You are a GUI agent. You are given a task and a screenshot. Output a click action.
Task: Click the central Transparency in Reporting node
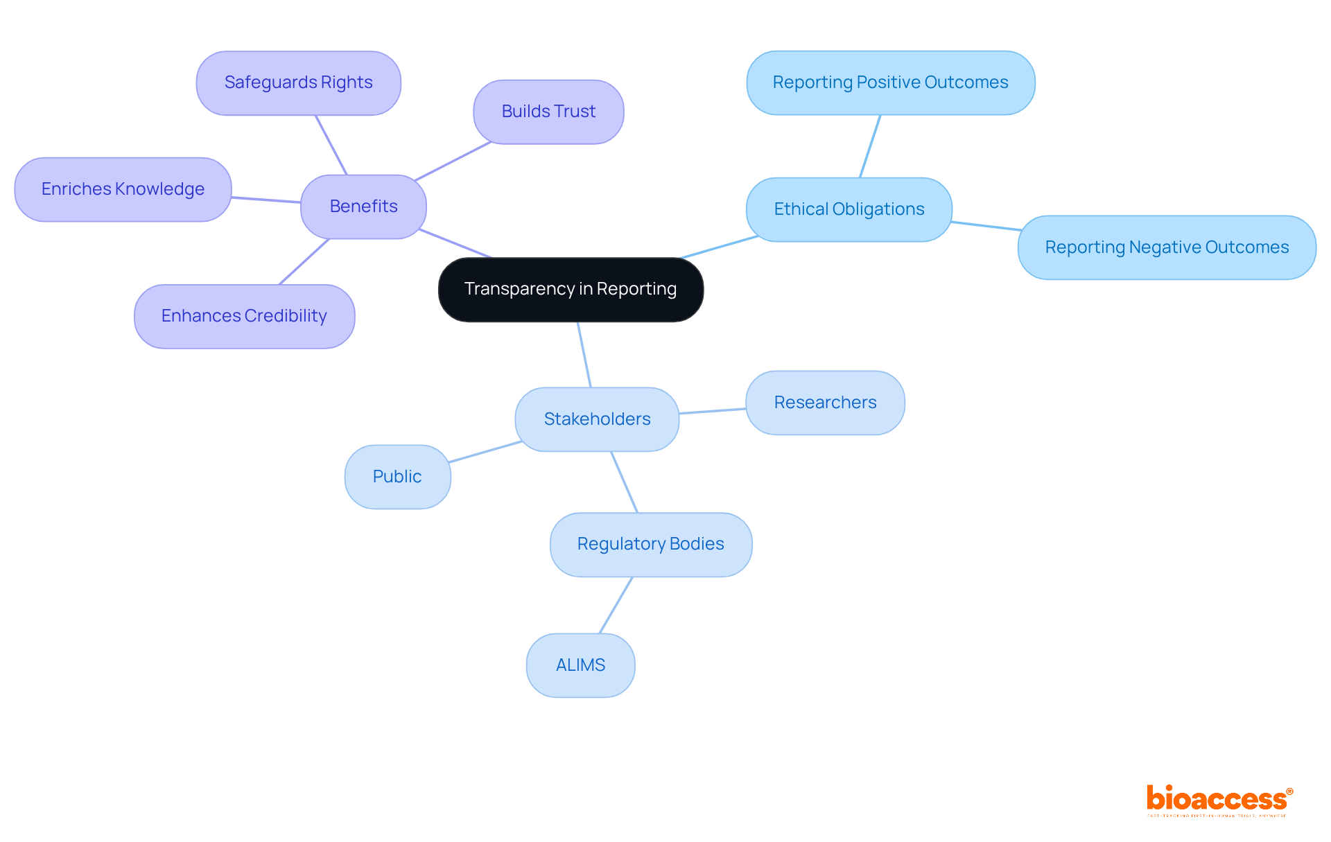pos(571,289)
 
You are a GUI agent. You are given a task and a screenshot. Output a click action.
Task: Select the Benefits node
pos(363,207)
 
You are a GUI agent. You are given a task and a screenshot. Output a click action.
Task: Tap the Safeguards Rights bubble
pos(298,82)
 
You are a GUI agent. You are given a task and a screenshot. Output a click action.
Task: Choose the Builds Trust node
pos(548,112)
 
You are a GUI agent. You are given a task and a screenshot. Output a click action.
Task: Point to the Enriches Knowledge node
pos(123,189)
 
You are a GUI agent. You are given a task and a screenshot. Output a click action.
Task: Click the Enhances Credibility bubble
pos(244,316)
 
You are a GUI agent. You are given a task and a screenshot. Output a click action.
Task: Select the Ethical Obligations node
pos(849,209)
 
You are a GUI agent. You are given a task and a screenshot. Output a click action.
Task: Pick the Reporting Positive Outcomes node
pos(890,82)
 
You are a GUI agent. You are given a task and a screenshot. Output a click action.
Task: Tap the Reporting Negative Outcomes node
pos(1167,247)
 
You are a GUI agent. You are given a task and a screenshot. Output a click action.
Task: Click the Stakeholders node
pos(597,419)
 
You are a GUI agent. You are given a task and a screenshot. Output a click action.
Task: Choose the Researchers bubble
pos(825,403)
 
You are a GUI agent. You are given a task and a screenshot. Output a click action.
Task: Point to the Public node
pos(397,477)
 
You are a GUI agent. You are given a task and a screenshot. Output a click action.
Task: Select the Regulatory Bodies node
pos(650,544)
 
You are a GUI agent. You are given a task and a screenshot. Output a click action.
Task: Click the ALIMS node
pos(580,665)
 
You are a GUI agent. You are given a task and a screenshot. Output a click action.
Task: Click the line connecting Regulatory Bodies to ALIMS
pos(616,605)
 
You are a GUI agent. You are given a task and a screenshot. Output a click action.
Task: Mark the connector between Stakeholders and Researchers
pos(713,411)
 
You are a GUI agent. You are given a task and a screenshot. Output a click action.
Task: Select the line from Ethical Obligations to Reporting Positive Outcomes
pos(870,146)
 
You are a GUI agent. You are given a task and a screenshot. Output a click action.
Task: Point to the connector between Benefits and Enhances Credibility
pos(304,261)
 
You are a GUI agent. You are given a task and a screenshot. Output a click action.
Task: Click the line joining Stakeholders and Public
pos(485,452)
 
